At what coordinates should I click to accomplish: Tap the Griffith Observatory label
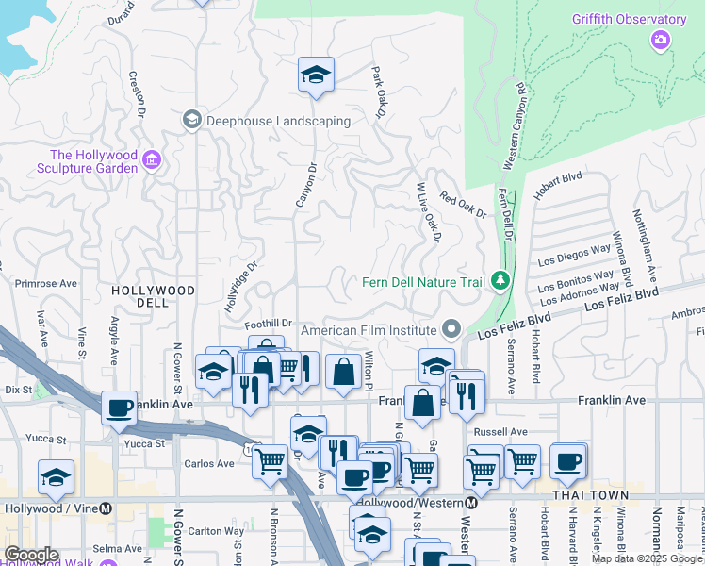click(629, 20)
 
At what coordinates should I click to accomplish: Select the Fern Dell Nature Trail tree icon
click(500, 281)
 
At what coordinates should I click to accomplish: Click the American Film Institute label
click(369, 330)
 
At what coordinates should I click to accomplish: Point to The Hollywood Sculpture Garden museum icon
click(152, 162)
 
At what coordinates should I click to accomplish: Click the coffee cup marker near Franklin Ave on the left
click(120, 407)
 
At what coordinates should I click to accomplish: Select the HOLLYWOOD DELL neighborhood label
click(153, 296)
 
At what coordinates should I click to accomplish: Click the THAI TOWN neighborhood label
click(589, 495)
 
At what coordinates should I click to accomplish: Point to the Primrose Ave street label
click(46, 282)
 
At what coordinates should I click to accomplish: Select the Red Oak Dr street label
click(463, 207)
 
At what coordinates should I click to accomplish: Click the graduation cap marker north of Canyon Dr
click(316, 75)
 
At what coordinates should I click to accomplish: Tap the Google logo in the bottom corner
click(31, 555)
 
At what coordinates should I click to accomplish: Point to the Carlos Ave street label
click(208, 463)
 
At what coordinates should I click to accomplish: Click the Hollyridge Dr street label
click(241, 288)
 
